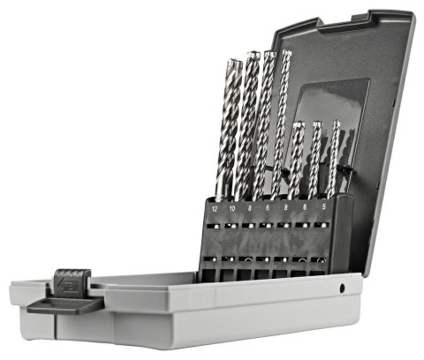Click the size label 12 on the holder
click(216, 210)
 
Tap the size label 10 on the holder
click(232, 209)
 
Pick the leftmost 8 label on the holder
click(251, 209)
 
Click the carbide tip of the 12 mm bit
click(231, 64)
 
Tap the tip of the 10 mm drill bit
click(249, 56)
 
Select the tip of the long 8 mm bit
click(268, 55)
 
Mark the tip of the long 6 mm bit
click(285, 54)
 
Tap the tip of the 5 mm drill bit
click(337, 124)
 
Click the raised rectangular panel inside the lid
click(331, 115)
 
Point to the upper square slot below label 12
click(215, 226)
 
